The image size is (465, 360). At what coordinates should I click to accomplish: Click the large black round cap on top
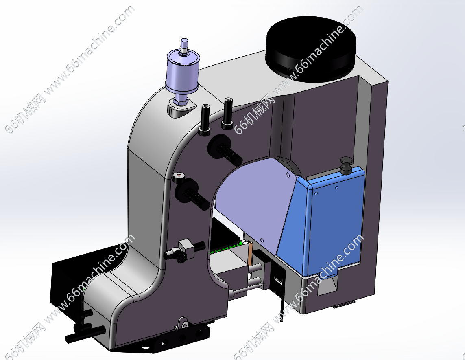(x=310, y=49)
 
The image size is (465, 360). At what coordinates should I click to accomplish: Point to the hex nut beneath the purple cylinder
(x=181, y=101)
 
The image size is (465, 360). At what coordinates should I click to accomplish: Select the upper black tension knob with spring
(x=225, y=149)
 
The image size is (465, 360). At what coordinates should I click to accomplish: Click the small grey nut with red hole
(x=179, y=179)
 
